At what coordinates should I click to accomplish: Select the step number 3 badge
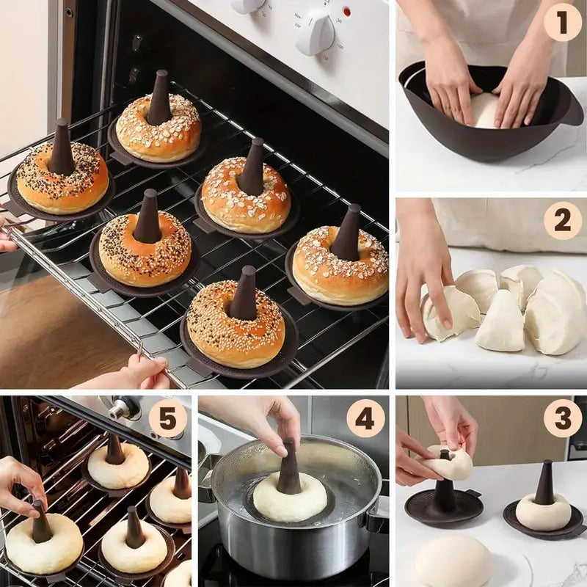point(562,419)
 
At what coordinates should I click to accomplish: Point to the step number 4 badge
point(365,419)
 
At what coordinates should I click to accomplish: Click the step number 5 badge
point(167,419)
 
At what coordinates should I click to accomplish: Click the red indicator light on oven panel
point(346,12)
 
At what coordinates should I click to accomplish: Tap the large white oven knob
point(316,31)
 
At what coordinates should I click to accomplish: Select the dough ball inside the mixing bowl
point(484,110)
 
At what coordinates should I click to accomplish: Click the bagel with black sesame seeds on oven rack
point(62,180)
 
